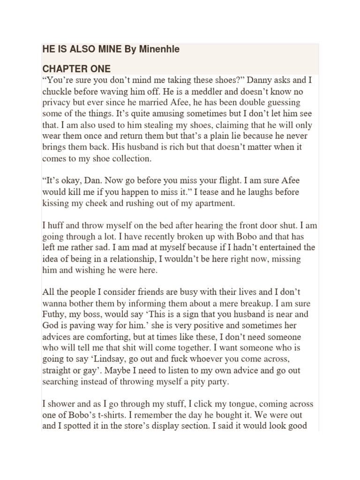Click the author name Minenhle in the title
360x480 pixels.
159,49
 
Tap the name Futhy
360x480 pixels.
54,315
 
